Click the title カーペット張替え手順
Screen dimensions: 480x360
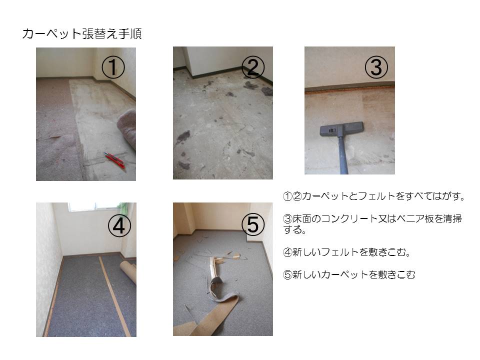click(x=81, y=33)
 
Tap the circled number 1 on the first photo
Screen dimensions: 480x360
click(x=113, y=67)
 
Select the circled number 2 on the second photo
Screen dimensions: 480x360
click(x=253, y=67)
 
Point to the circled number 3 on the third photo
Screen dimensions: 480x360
click(x=376, y=67)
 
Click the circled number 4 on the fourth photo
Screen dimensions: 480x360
click(x=119, y=226)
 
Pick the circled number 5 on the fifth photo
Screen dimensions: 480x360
click(x=253, y=224)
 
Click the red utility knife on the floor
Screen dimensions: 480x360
click(x=115, y=159)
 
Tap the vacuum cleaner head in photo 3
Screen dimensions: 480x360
click(x=342, y=129)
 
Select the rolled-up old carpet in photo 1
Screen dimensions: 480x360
click(x=127, y=128)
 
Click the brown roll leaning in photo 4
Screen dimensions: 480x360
click(x=128, y=271)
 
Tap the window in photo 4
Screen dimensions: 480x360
click(x=93, y=207)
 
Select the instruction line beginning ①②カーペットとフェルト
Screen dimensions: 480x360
click(x=374, y=196)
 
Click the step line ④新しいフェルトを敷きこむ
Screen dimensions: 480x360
click(x=346, y=252)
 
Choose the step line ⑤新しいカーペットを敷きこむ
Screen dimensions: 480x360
click(x=349, y=274)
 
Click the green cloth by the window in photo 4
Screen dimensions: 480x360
click(x=123, y=208)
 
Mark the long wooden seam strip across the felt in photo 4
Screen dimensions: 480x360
click(x=114, y=296)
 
